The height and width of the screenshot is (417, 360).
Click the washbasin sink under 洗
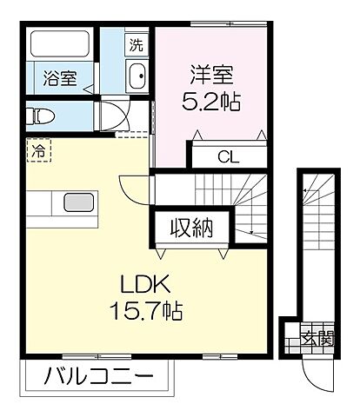137,78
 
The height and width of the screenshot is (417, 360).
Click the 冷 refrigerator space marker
37,150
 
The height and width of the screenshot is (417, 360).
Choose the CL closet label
228,157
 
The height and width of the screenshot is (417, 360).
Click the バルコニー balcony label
98,378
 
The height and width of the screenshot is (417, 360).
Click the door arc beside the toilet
110,117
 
